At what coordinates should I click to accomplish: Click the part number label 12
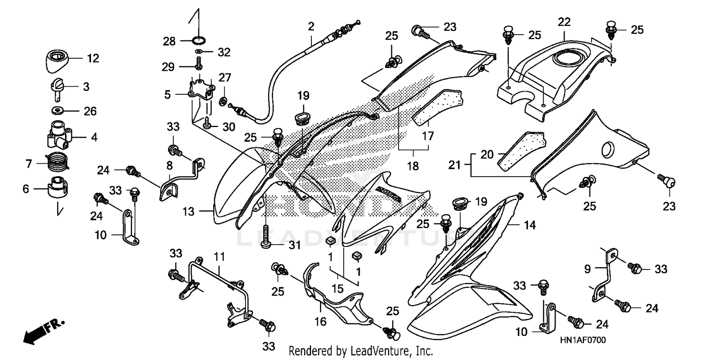click(x=93, y=59)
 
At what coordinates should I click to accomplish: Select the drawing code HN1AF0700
click(x=582, y=340)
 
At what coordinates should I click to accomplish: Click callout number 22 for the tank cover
click(x=564, y=22)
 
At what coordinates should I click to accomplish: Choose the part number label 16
click(x=321, y=321)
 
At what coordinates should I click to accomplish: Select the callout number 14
click(x=529, y=224)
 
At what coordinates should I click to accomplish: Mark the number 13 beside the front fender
click(x=189, y=211)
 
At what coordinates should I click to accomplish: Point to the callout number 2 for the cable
click(x=311, y=26)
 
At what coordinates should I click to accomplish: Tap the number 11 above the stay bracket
click(x=219, y=257)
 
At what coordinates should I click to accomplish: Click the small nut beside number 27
click(x=223, y=101)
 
